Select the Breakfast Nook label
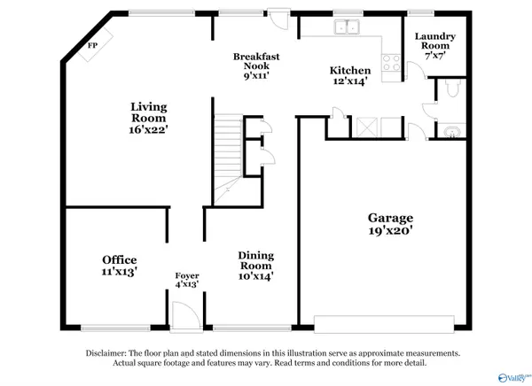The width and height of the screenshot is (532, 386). click(x=256, y=61)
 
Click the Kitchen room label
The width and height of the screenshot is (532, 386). click(x=349, y=71)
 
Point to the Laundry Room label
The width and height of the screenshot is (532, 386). click(x=435, y=42)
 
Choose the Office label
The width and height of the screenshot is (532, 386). click(x=119, y=259)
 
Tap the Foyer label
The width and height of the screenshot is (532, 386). click(x=186, y=275)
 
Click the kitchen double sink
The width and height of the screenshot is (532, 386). click(x=347, y=27)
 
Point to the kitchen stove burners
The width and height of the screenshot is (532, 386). click(x=390, y=63)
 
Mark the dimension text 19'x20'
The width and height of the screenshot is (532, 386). click(x=391, y=232)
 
